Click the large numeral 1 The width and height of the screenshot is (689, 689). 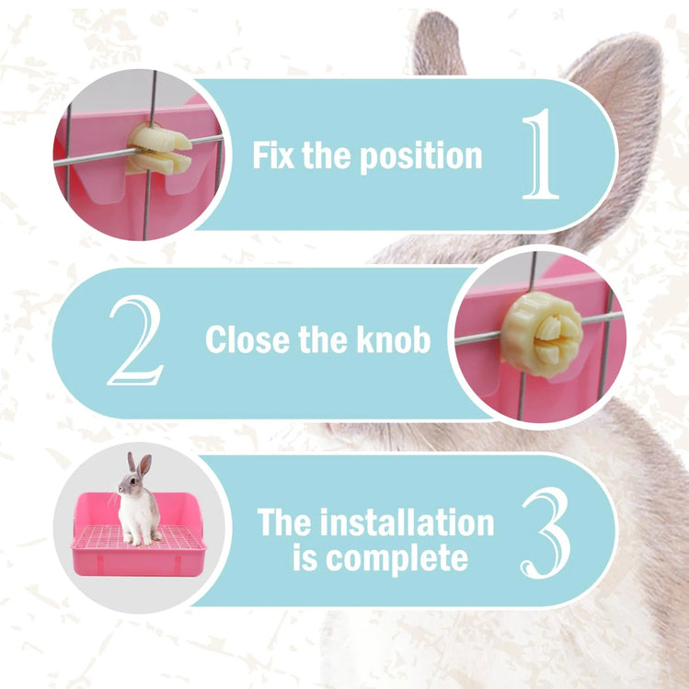(541, 154)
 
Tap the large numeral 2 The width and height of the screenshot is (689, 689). (136, 340)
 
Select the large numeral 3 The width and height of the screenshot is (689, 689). (546, 533)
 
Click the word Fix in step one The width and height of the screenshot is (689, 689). (273, 155)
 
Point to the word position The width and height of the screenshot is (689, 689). (421, 157)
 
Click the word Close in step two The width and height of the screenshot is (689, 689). (247, 339)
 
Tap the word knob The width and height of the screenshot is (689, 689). (394, 339)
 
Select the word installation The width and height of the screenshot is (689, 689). (407, 522)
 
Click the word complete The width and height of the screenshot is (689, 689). (396, 559)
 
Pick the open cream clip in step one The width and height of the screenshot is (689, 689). (159, 148)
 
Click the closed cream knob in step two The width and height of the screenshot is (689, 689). (542, 334)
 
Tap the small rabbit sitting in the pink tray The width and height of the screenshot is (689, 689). (138, 501)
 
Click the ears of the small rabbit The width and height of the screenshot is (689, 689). (139, 465)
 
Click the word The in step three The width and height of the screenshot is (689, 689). (284, 522)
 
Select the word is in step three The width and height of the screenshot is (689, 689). (304, 557)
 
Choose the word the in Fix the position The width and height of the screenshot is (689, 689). (326, 155)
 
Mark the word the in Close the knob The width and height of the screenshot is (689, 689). (323, 339)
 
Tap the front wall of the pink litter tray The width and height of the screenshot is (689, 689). (138, 562)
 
